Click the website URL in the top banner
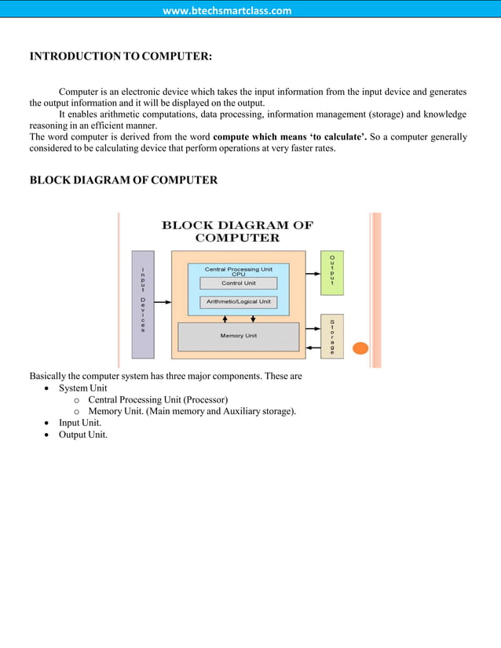(x=227, y=10)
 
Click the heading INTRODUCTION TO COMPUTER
(x=120, y=56)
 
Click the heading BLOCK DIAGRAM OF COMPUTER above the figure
(x=123, y=180)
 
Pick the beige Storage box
(x=332, y=336)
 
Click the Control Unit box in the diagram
(x=238, y=283)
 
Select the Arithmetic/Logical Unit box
(x=238, y=301)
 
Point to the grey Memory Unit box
(x=238, y=336)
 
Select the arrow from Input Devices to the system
(x=163, y=302)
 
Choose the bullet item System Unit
(x=82, y=388)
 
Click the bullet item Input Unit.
(x=79, y=423)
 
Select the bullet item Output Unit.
(x=82, y=435)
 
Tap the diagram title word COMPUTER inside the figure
(x=237, y=238)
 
